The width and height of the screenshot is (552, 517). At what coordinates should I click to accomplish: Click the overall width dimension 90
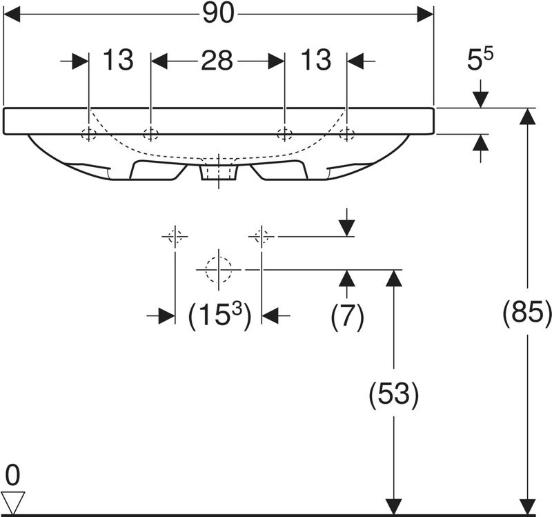[x=218, y=14]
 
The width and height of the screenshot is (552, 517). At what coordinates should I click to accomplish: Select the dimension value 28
[x=217, y=60]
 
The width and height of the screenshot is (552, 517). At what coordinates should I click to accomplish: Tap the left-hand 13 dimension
[x=118, y=59]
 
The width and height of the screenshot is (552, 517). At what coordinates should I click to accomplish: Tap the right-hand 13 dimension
[x=316, y=59]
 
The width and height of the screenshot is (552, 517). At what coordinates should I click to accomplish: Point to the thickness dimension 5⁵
[x=480, y=59]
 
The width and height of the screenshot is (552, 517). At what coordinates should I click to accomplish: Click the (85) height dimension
[x=527, y=312]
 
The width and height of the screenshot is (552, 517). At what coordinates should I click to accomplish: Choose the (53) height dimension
[x=393, y=393]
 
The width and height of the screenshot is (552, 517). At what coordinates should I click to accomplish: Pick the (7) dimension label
[x=347, y=315]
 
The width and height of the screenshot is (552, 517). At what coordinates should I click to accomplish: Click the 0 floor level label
[x=12, y=475]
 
